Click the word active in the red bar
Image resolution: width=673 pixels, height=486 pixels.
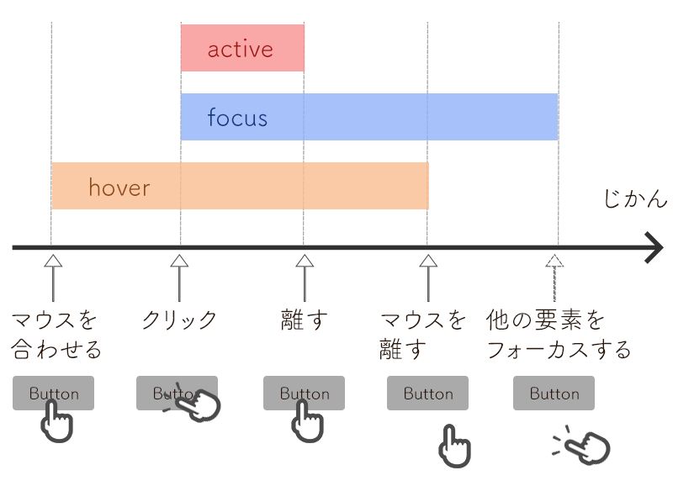click(x=241, y=50)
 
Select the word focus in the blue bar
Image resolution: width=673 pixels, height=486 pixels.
click(x=237, y=118)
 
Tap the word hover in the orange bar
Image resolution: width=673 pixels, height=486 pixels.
click(x=119, y=187)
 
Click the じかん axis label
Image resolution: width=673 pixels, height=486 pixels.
click(x=635, y=200)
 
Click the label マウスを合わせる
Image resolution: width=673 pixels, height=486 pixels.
click(x=56, y=334)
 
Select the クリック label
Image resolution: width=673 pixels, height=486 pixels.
click(x=179, y=320)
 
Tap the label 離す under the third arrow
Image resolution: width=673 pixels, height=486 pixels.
click(x=303, y=320)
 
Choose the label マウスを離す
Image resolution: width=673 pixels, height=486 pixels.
click(x=423, y=334)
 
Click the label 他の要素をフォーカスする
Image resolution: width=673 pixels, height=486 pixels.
click(x=558, y=334)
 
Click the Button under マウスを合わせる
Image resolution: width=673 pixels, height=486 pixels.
click(x=53, y=393)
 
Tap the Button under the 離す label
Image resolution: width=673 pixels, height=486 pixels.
click(x=304, y=393)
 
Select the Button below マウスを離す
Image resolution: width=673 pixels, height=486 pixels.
click(x=427, y=393)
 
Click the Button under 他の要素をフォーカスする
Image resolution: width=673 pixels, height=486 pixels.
click(x=554, y=393)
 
